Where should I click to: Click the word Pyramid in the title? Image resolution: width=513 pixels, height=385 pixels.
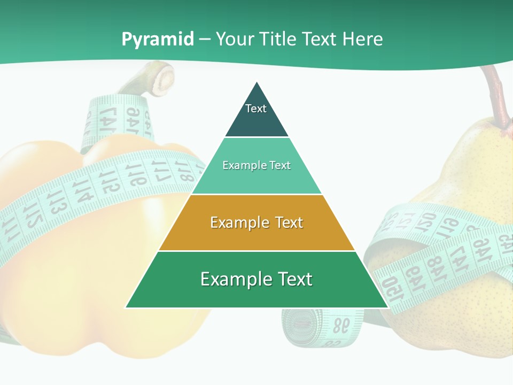pos(158,40)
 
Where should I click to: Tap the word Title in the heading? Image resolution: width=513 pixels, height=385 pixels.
pos(277,39)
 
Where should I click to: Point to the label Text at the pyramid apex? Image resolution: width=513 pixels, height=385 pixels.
pos(256,109)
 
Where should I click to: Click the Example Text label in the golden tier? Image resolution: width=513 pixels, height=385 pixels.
pos(256,222)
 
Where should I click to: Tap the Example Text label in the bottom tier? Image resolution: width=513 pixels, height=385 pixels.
pos(256,279)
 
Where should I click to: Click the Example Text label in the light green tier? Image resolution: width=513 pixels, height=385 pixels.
pos(256,165)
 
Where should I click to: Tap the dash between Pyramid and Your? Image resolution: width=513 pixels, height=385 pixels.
pos(204,40)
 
